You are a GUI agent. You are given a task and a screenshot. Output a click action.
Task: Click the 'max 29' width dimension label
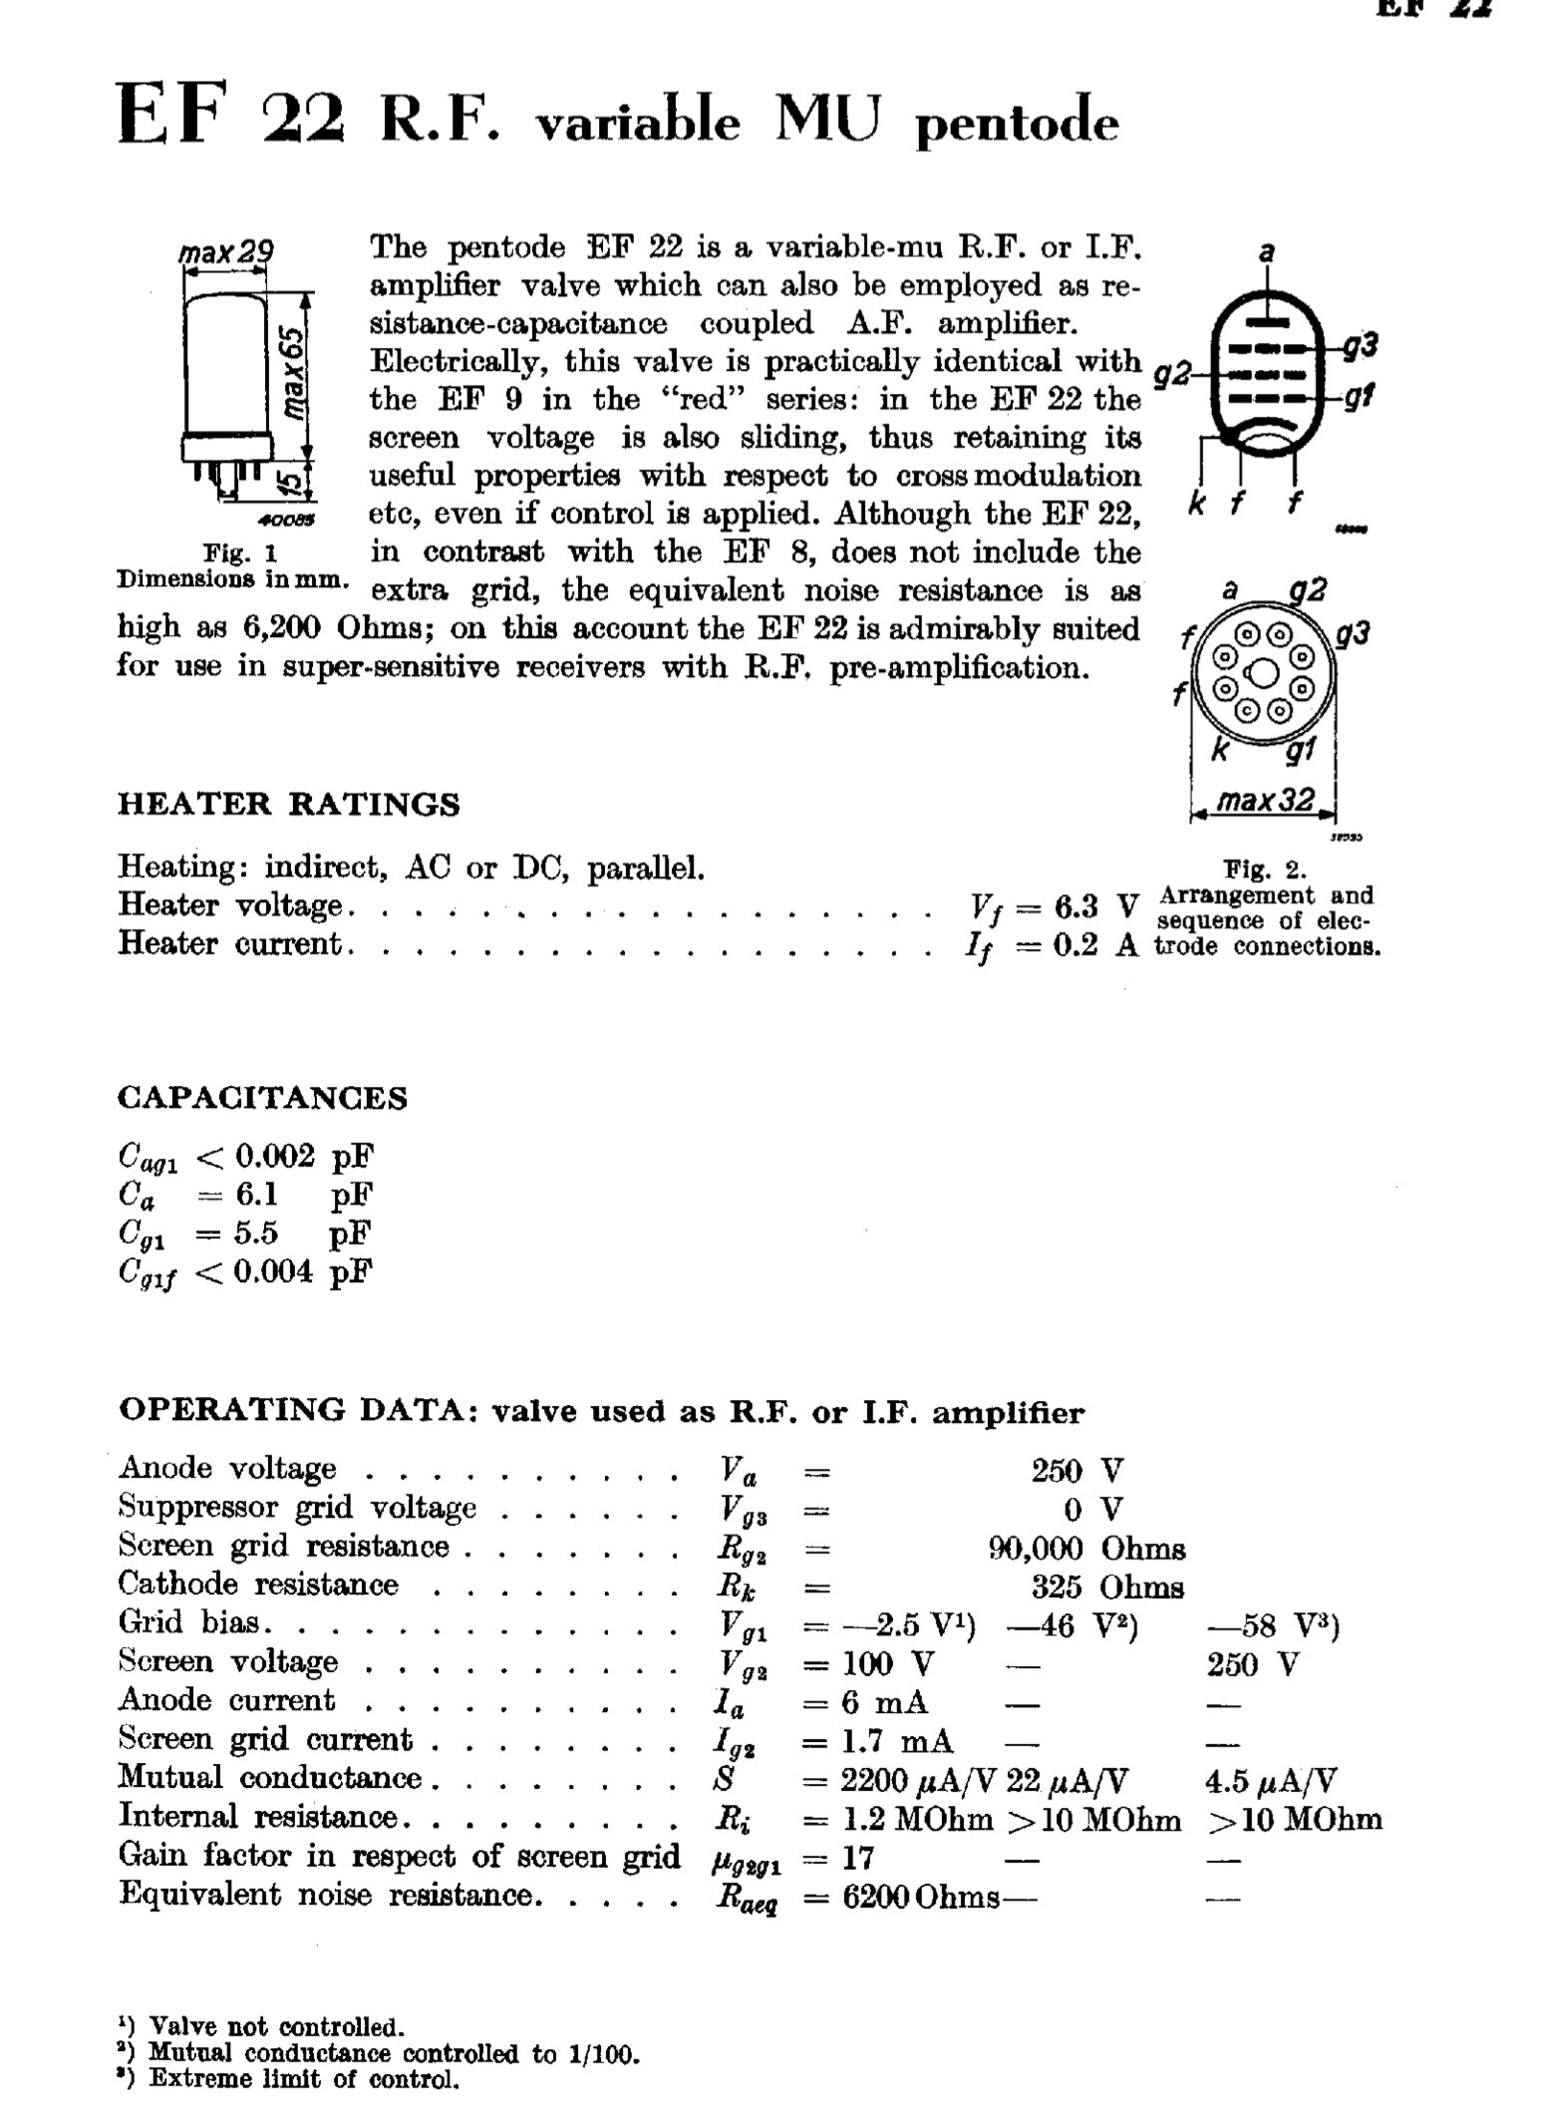pos(226,252)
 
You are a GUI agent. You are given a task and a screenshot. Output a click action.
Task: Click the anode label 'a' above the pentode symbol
pos(1266,253)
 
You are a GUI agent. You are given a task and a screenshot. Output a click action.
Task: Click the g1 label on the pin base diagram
pos(1299,749)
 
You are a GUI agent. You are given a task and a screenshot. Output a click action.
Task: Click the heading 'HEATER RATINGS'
pos(289,804)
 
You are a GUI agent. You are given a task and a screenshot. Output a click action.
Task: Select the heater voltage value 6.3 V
pos(1094,906)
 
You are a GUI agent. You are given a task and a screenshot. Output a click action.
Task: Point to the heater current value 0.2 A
pos(1094,944)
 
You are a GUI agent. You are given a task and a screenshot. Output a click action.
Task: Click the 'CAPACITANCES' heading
pos(262,1098)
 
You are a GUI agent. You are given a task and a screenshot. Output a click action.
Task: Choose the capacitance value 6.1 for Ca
pos(256,1194)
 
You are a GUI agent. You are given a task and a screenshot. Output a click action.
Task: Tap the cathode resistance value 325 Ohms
pos(1107,1586)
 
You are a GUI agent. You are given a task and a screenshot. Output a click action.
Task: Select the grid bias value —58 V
pos(1272,1626)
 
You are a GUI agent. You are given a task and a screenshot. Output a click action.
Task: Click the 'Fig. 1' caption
pos(240,552)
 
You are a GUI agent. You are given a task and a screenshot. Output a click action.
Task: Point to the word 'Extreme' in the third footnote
pos(203,2079)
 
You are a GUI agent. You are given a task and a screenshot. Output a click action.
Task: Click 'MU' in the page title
pos(829,122)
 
